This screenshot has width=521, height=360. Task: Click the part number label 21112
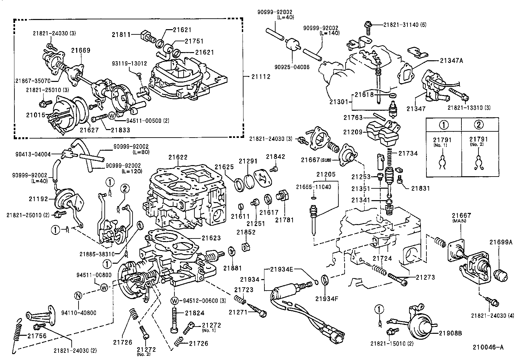(261, 77)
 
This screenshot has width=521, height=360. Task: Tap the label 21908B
(450, 333)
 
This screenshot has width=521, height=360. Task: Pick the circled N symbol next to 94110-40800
(78, 296)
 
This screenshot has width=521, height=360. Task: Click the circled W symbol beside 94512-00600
(174, 301)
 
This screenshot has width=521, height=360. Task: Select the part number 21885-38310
(97, 254)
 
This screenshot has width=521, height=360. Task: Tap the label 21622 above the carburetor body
(178, 158)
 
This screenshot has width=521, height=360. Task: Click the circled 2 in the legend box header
(478, 124)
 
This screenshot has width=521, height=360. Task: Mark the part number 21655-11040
(314, 187)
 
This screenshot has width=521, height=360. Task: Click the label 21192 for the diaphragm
(39, 199)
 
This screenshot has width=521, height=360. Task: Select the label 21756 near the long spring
(37, 336)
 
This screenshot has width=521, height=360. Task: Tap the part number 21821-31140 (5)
(405, 25)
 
